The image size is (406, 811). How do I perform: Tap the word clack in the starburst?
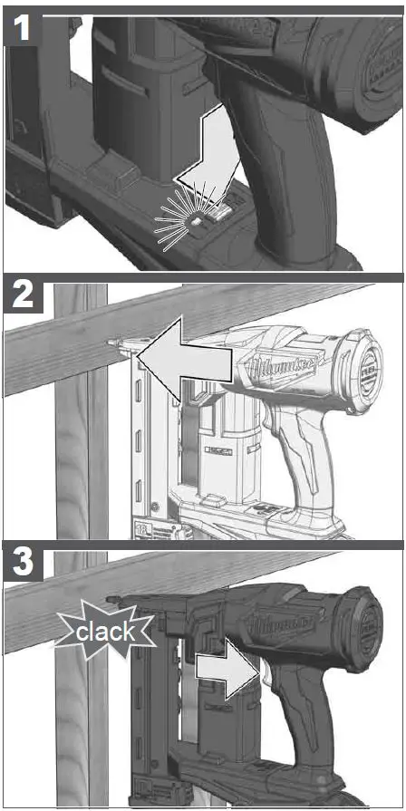[104, 632]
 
